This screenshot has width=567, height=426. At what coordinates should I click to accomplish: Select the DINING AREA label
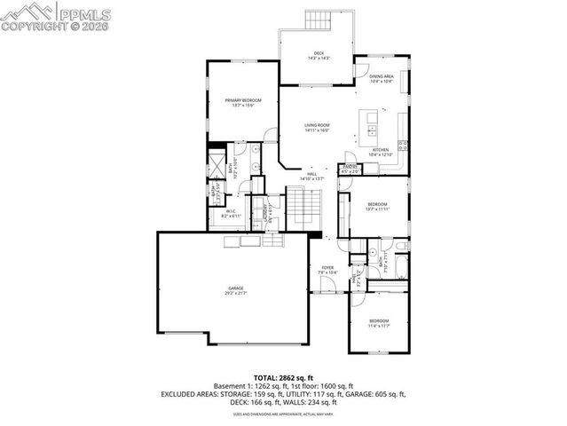[x=381, y=78]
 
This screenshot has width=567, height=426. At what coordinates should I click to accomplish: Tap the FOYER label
[x=327, y=269]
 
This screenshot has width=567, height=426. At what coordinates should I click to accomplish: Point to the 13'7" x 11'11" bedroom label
[x=378, y=207]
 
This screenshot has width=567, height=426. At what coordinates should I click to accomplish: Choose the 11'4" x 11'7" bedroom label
[x=379, y=322]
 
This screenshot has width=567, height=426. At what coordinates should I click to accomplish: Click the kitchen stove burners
[x=403, y=146]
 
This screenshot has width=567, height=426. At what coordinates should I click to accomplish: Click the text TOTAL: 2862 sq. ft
[x=283, y=377]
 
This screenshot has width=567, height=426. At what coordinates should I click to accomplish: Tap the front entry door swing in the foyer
[x=327, y=286]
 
